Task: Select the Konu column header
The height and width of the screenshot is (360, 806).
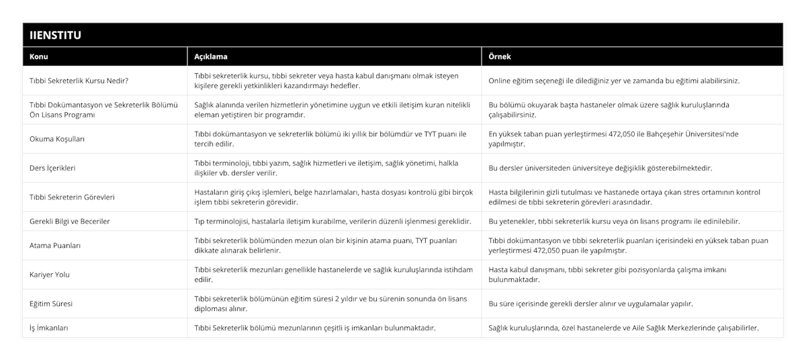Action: (x=40, y=56)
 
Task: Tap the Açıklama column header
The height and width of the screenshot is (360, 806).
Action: (x=209, y=56)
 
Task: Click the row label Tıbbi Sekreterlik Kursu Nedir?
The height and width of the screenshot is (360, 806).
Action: (x=79, y=81)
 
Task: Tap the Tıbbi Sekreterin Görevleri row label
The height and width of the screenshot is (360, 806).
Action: (x=73, y=197)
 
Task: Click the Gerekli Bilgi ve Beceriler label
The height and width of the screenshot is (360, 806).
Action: (x=70, y=221)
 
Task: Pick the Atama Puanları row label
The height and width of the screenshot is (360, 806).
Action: (x=55, y=246)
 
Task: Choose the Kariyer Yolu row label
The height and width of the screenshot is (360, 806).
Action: (x=50, y=275)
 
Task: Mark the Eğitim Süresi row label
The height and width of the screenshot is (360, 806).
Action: (x=52, y=304)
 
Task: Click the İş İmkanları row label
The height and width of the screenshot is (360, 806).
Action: (x=48, y=328)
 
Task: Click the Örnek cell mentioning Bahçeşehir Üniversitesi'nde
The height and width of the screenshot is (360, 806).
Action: (x=613, y=139)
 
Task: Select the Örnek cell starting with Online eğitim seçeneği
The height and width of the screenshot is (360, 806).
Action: (x=614, y=81)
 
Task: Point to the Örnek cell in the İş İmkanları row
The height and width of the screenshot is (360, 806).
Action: (x=624, y=328)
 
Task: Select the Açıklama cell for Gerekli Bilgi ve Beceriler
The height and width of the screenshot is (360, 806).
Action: (x=332, y=221)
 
